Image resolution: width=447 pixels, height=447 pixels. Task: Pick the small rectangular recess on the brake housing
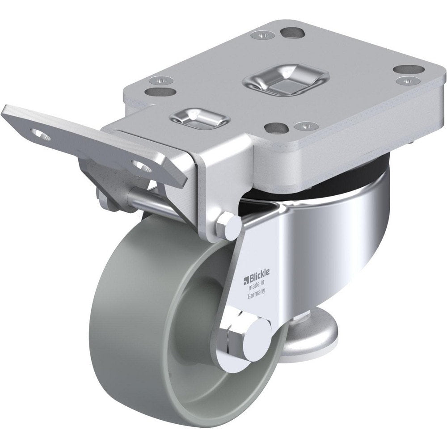pos(199,117)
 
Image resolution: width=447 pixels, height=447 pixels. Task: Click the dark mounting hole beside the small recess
pos(274,128)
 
